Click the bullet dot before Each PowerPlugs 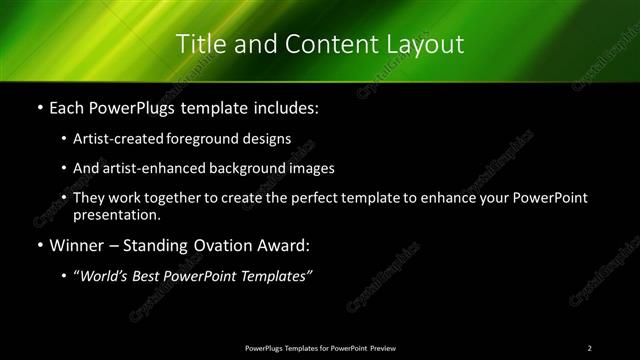coord(39,107)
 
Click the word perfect coord(315,199)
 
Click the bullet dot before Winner coord(39,245)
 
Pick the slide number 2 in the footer coord(590,347)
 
